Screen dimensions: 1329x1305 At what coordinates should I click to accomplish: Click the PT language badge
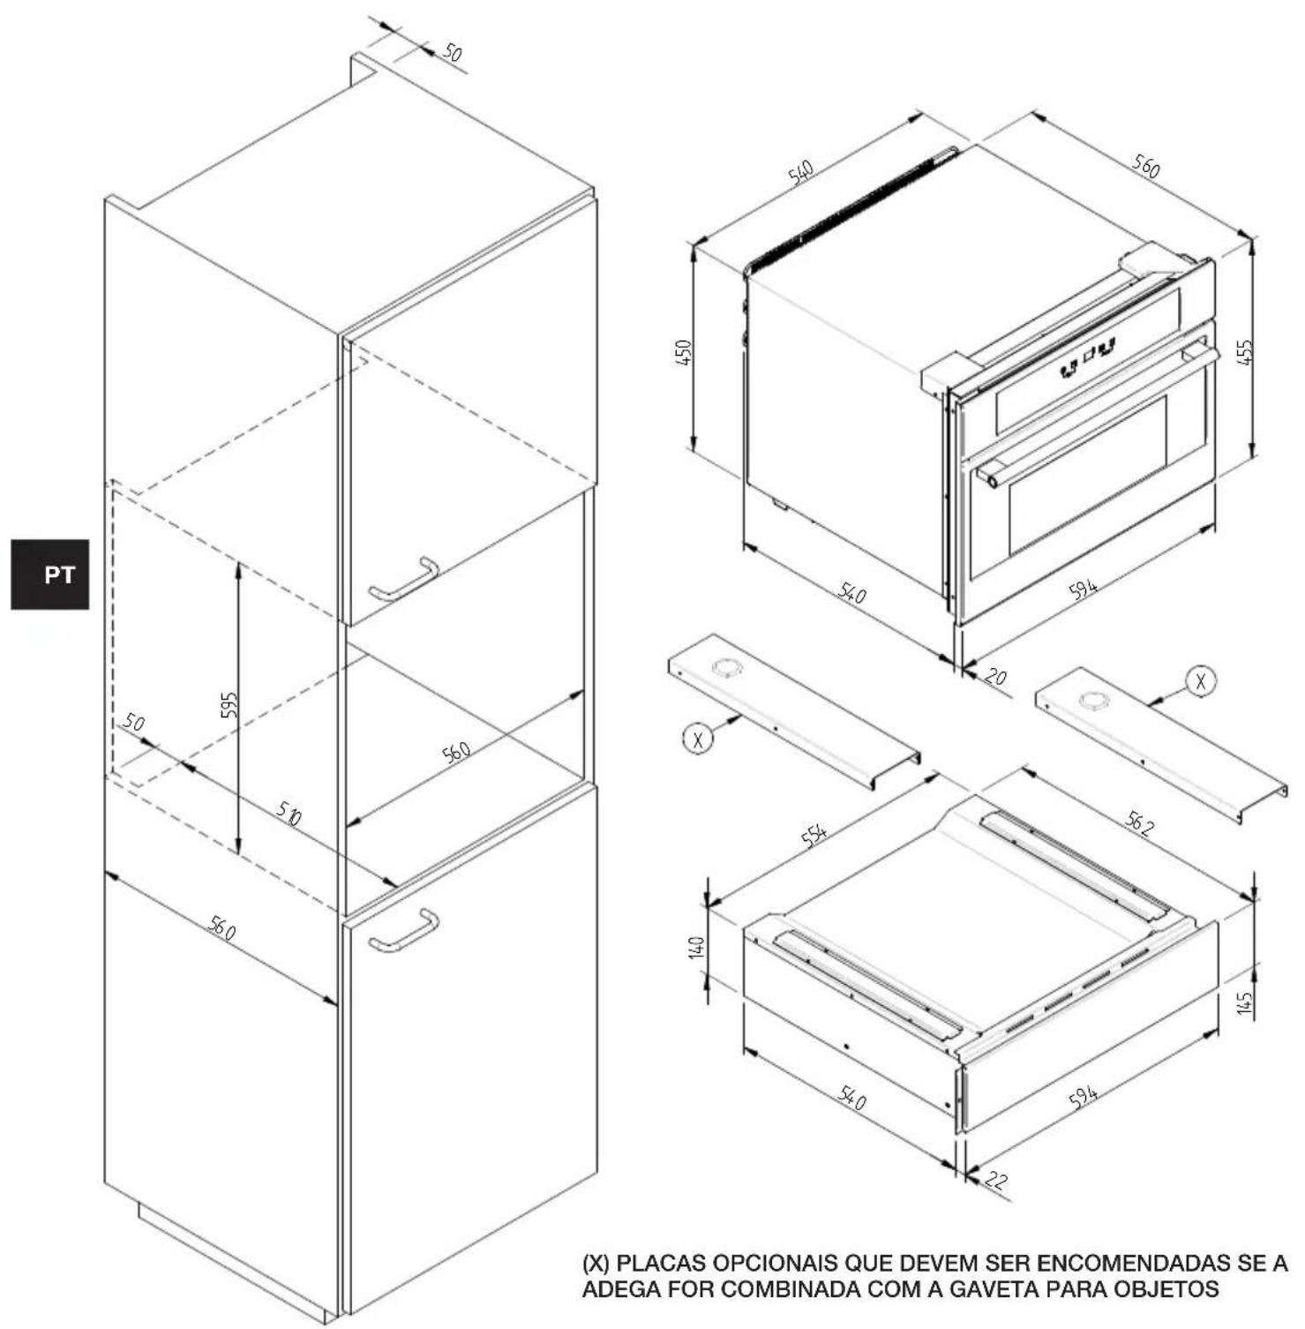(x=50, y=574)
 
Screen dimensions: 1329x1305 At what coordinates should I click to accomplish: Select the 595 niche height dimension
(x=229, y=706)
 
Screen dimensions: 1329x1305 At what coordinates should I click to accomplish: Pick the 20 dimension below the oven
(x=995, y=677)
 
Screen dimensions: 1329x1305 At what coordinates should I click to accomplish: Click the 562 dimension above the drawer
(x=1138, y=822)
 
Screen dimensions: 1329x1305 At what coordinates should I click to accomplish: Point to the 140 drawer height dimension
(x=696, y=948)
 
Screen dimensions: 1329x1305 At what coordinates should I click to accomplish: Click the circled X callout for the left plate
(x=698, y=738)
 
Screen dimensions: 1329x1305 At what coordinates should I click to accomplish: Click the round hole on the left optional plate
(x=727, y=667)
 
